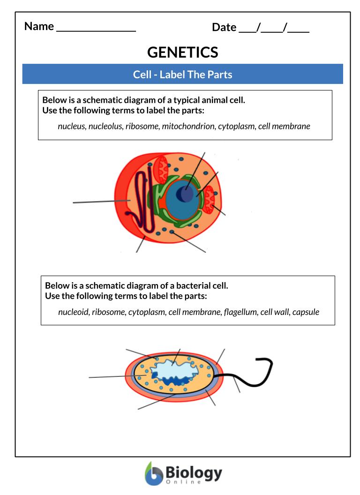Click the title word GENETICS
click(182, 52)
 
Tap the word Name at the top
click(39, 26)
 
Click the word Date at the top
click(224, 27)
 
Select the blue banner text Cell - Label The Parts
click(182, 74)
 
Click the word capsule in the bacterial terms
click(306, 312)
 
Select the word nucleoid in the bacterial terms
click(73, 312)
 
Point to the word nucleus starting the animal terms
click(72, 126)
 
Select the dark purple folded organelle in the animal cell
click(141, 202)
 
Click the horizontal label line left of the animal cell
click(101, 202)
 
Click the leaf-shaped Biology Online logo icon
click(153, 474)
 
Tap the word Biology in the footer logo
click(194, 472)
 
